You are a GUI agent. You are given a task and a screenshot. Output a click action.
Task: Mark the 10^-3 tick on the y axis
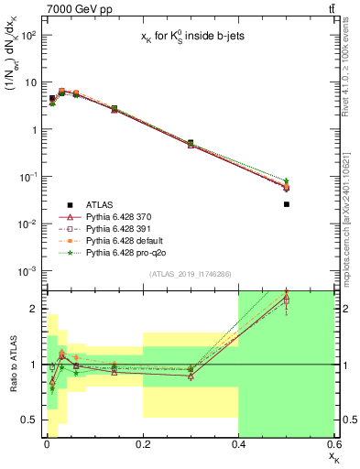(x=27, y=270)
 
